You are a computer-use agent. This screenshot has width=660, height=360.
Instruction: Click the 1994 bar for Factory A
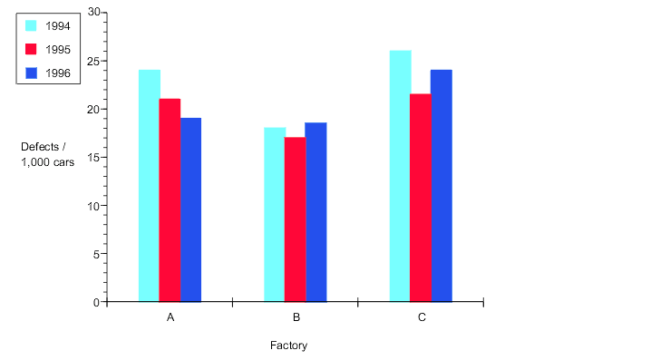click(150, 186)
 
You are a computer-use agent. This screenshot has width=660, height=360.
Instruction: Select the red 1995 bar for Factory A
click(170, 199)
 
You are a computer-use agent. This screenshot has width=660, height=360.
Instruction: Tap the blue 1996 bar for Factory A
click(190, 209)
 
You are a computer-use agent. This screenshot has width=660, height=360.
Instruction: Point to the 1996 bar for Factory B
click(315, 212)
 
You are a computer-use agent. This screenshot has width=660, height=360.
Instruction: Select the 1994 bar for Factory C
click(400, 176)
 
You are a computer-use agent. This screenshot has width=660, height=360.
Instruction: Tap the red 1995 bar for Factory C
click(420, 198)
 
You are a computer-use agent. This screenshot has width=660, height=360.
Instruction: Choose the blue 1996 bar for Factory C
click(441, 186)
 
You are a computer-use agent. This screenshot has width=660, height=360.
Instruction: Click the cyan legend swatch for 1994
click(31, 24)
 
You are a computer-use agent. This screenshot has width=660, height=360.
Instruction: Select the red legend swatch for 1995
click(31, 49)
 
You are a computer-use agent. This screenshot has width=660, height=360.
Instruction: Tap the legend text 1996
click(58, 73)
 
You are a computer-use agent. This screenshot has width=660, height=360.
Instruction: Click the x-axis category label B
click(296, 318)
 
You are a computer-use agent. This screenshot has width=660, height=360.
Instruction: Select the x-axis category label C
click(422, 318)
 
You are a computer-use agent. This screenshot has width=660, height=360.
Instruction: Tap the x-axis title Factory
click(289, 345)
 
